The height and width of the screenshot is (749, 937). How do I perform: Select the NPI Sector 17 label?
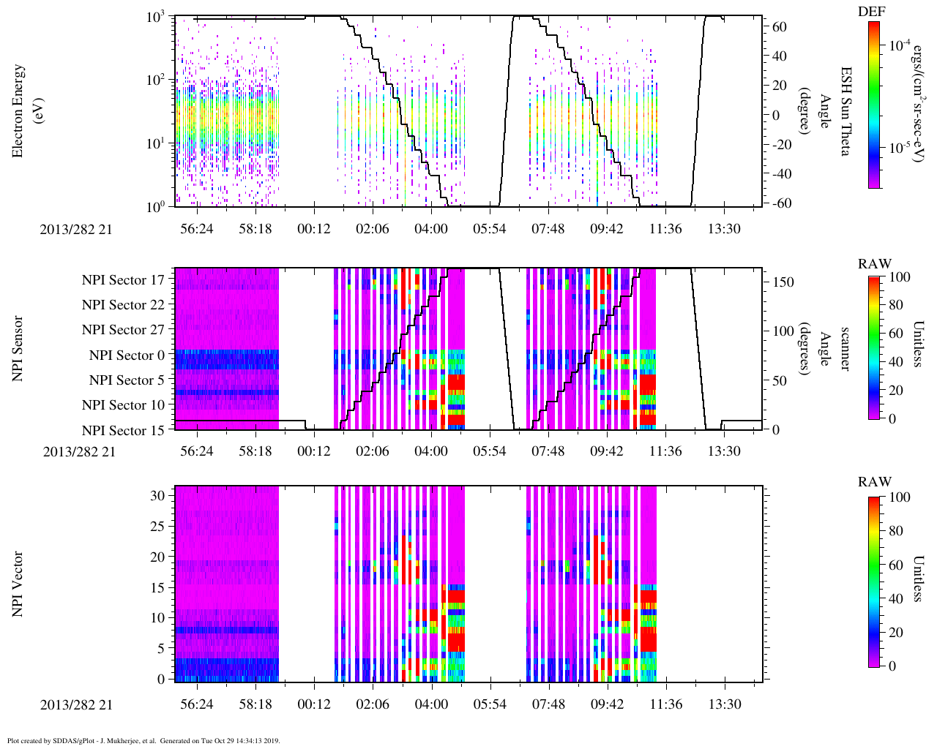123,280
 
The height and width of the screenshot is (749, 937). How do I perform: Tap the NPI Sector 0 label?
127,355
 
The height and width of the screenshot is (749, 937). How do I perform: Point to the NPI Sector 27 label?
123,330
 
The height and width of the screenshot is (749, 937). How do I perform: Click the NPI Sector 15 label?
123,431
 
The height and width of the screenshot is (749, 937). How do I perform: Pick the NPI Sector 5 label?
127,380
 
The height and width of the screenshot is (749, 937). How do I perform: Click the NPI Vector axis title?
18,584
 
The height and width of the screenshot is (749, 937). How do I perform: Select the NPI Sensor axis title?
18,348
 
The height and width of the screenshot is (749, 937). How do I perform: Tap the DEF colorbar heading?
871,12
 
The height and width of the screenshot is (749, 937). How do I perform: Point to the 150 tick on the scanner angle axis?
783,282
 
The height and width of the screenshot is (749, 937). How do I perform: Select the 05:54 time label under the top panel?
489,229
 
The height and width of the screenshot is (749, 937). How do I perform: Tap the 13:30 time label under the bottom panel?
724,704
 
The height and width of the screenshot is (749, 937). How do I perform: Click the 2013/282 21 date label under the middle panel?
79,452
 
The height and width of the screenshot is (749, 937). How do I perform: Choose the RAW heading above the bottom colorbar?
875,482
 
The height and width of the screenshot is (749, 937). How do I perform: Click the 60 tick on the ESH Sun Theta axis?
779,27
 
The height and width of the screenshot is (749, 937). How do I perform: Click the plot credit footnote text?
143,741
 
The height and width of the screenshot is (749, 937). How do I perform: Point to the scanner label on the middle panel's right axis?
845,348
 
